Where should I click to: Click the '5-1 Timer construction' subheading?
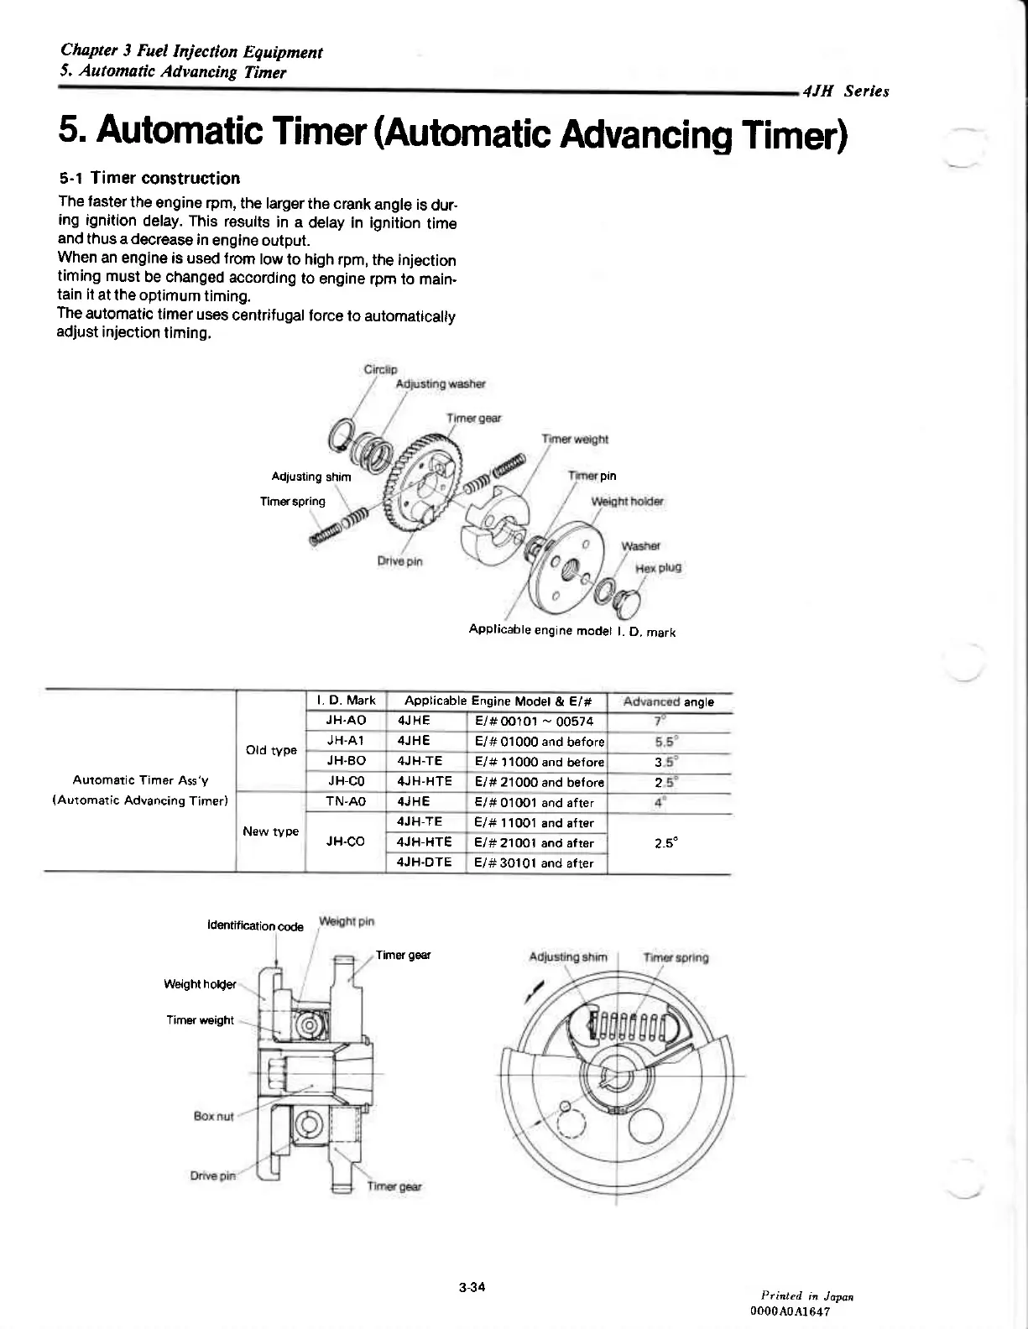(149, 178)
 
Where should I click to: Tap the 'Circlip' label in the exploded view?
(380, 369)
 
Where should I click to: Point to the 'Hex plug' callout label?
(658, 568)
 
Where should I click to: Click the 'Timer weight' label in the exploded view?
(575, 439)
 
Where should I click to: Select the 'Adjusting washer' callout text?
(441, 384)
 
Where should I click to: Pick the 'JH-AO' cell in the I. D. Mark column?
(345, 721)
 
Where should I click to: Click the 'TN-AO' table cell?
(345, 802)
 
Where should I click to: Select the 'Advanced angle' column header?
(669, 701)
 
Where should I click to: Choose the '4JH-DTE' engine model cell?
(424, 863)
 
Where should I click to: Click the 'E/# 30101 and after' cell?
(534, 863)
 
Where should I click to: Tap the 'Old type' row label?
(270, 750)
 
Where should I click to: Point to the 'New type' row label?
(270, 831)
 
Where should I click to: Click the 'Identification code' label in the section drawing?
(255, 926)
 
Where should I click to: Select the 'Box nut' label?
(213, 1116)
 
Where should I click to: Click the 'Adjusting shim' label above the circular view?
(568, 957)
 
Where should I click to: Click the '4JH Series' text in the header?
(845, 91)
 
